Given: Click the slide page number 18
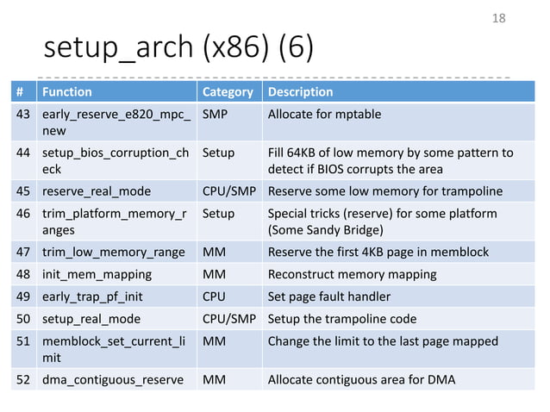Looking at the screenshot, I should (498, 17).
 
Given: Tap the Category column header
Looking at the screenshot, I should (227, 91).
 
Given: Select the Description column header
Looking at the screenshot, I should (300, 91).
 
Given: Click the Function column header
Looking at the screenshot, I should (67, 91).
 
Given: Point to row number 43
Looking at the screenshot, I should (24, 114).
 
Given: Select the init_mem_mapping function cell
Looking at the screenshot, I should (97, 274).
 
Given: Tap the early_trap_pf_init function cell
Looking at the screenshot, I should (95, 297).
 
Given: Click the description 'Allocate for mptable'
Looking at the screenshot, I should (324, 114).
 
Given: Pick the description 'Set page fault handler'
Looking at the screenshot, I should (329, 297).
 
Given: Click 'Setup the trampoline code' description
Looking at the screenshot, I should (342, 318).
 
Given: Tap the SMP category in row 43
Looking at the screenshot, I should (216, 114).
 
